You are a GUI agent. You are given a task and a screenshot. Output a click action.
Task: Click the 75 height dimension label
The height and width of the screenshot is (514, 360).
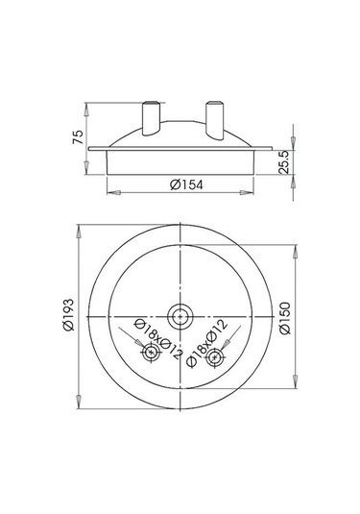78,137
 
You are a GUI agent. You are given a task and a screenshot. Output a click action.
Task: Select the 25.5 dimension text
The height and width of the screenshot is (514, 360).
283,162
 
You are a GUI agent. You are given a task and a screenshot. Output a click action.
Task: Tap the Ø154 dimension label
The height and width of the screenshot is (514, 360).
186,184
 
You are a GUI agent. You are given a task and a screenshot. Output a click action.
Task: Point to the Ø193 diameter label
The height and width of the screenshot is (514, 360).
69,315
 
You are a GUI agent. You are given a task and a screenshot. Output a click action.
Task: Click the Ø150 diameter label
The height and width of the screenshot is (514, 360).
285,318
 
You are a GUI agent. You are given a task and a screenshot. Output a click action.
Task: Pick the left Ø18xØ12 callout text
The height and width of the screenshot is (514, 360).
158,338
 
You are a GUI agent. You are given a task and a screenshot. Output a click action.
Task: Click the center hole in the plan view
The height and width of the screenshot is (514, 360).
180,317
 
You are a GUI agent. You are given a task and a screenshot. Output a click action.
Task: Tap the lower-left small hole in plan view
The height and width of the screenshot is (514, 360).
151,353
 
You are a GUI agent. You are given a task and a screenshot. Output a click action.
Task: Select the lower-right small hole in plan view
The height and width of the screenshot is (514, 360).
214,357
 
